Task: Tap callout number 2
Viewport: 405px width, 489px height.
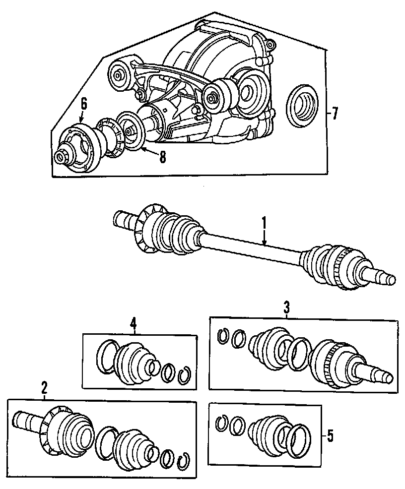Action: coord(44,386)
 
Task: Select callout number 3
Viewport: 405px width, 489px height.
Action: coord(286,307)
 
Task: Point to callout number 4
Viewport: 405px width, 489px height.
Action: coord(133,323)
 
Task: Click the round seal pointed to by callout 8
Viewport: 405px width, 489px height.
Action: coord(130,131)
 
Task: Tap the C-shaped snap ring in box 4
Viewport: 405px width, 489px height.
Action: coord(184,373)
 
